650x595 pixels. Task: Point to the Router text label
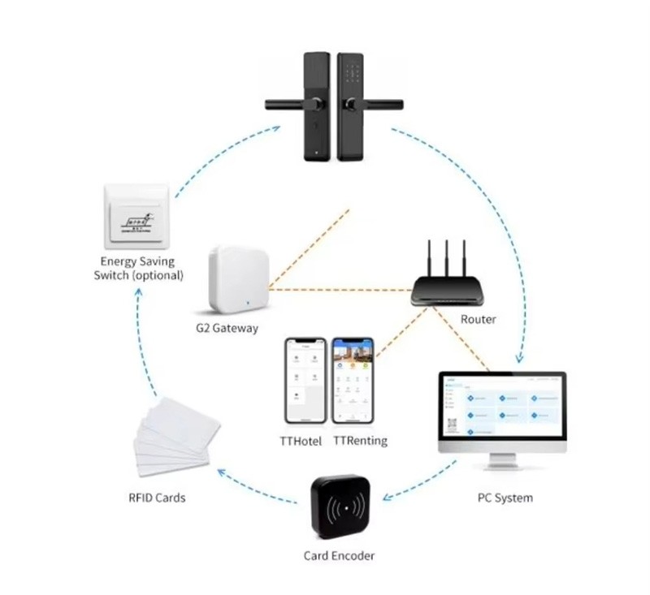[x=478, y=319]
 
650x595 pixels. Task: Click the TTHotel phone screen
[x=305, y=380]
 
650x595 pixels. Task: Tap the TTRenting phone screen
[x=353, y=380]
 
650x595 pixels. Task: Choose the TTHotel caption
[x=301, y=441]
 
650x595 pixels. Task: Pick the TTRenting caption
[x=360, y=441]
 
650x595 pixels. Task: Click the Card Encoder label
[x=339, y=556]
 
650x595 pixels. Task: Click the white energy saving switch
[x=136, y=218]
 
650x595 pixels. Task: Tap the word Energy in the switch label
[x=120, y=261]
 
